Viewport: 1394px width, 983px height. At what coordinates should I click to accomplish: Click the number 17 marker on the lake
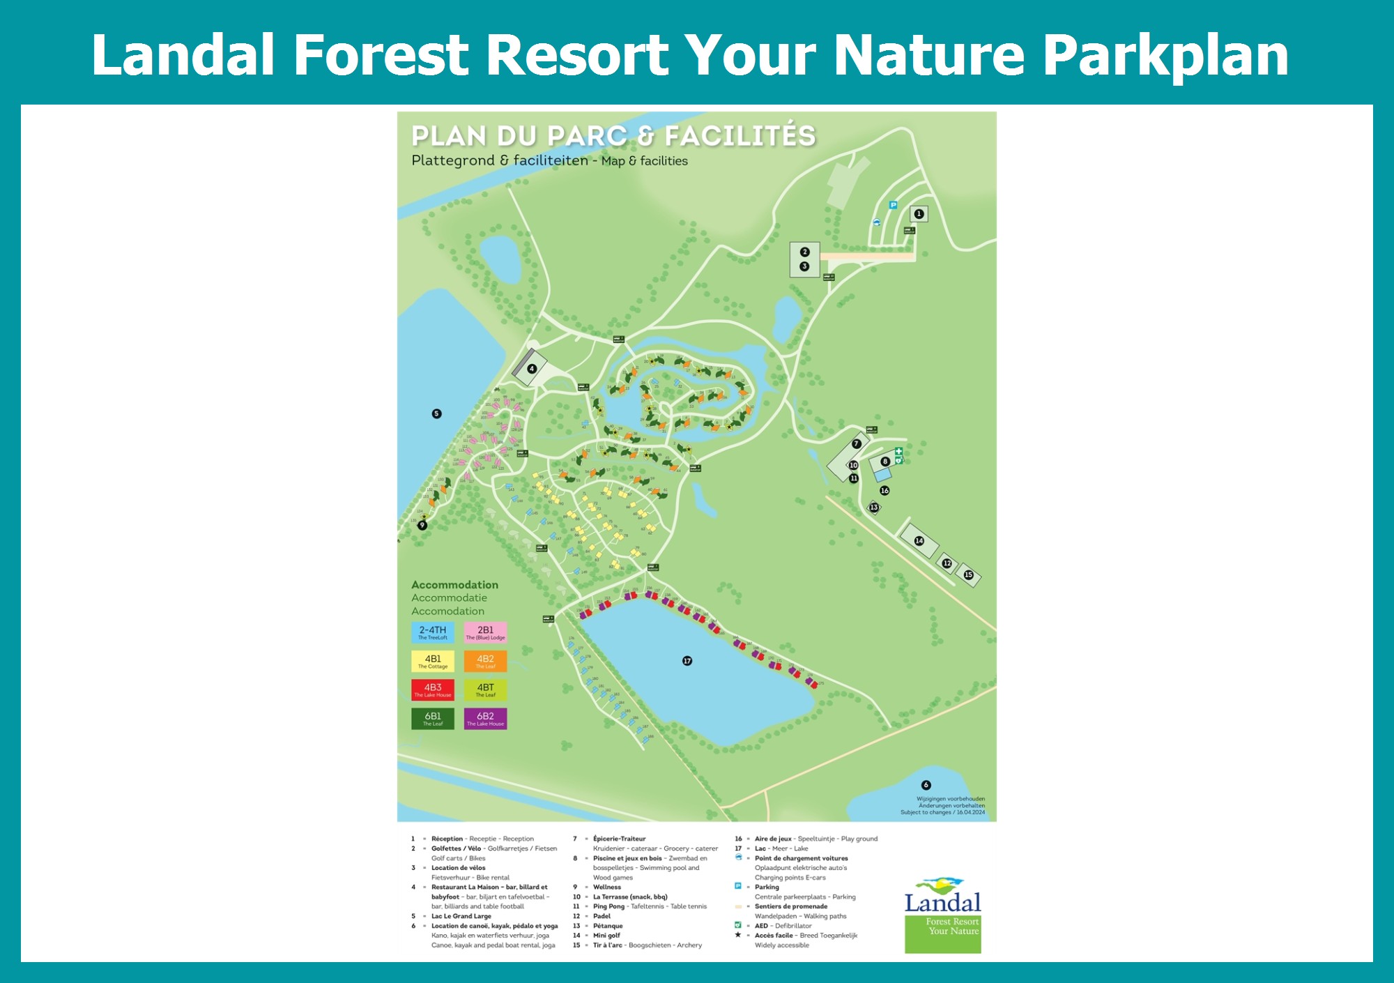tap(687, 661)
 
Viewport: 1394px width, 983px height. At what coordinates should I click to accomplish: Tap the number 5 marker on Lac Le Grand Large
tap(437, 413)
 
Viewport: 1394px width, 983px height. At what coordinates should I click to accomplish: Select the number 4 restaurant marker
tap(532, 369)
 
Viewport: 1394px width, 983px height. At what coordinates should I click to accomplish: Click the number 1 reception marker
tap(919, 214)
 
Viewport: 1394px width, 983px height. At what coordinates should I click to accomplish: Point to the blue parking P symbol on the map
tap(893, 205)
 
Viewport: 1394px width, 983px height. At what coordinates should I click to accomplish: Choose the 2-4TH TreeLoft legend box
tap(433, 632)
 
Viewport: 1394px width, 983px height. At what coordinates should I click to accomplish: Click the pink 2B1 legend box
tap(486, 632)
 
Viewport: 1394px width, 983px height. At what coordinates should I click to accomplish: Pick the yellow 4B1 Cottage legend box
tap(433, 661)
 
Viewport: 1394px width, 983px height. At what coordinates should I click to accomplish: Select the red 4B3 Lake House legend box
tap(433, 689)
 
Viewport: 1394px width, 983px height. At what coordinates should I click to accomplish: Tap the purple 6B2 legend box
tap(486, 719)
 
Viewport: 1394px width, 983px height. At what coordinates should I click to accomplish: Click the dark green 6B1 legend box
tap(433, 719)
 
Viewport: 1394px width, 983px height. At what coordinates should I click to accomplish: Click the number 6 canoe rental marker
tap(926, 785)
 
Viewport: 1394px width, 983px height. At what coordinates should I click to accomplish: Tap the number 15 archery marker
tap(968, 575)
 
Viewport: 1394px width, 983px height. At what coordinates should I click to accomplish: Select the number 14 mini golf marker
tap(919, 541)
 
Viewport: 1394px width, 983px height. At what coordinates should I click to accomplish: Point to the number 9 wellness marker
tap(422, 526)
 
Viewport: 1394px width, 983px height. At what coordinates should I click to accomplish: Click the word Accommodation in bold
tap(454, 585)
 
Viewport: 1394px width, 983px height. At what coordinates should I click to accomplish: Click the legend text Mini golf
tap(606, 936)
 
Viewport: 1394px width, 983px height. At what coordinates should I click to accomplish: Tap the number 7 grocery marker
tap(857, 444)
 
